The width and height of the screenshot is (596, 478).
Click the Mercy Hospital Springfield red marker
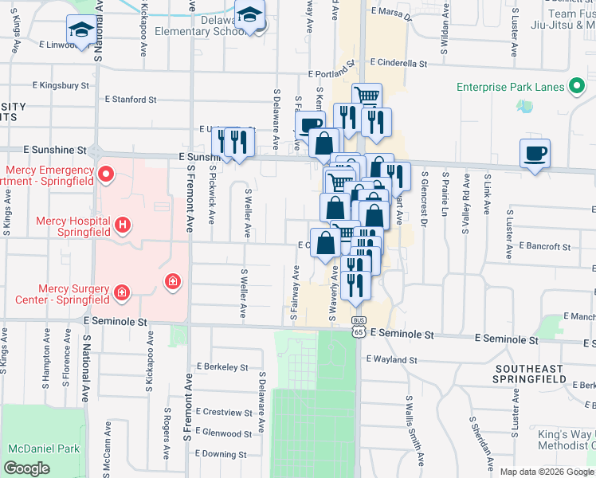(x=123, y=225)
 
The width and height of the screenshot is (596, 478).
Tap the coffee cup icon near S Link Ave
(x=535, y=153)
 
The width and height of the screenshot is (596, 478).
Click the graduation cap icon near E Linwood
(x=80, y=29)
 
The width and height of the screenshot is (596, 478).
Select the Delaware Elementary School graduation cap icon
(x=250, y=16)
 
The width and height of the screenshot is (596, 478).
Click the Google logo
(x=26, y=468)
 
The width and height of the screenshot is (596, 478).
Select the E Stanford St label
(x=131, y=100)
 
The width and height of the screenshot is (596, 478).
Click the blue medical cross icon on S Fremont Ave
(x=172, y=281)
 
